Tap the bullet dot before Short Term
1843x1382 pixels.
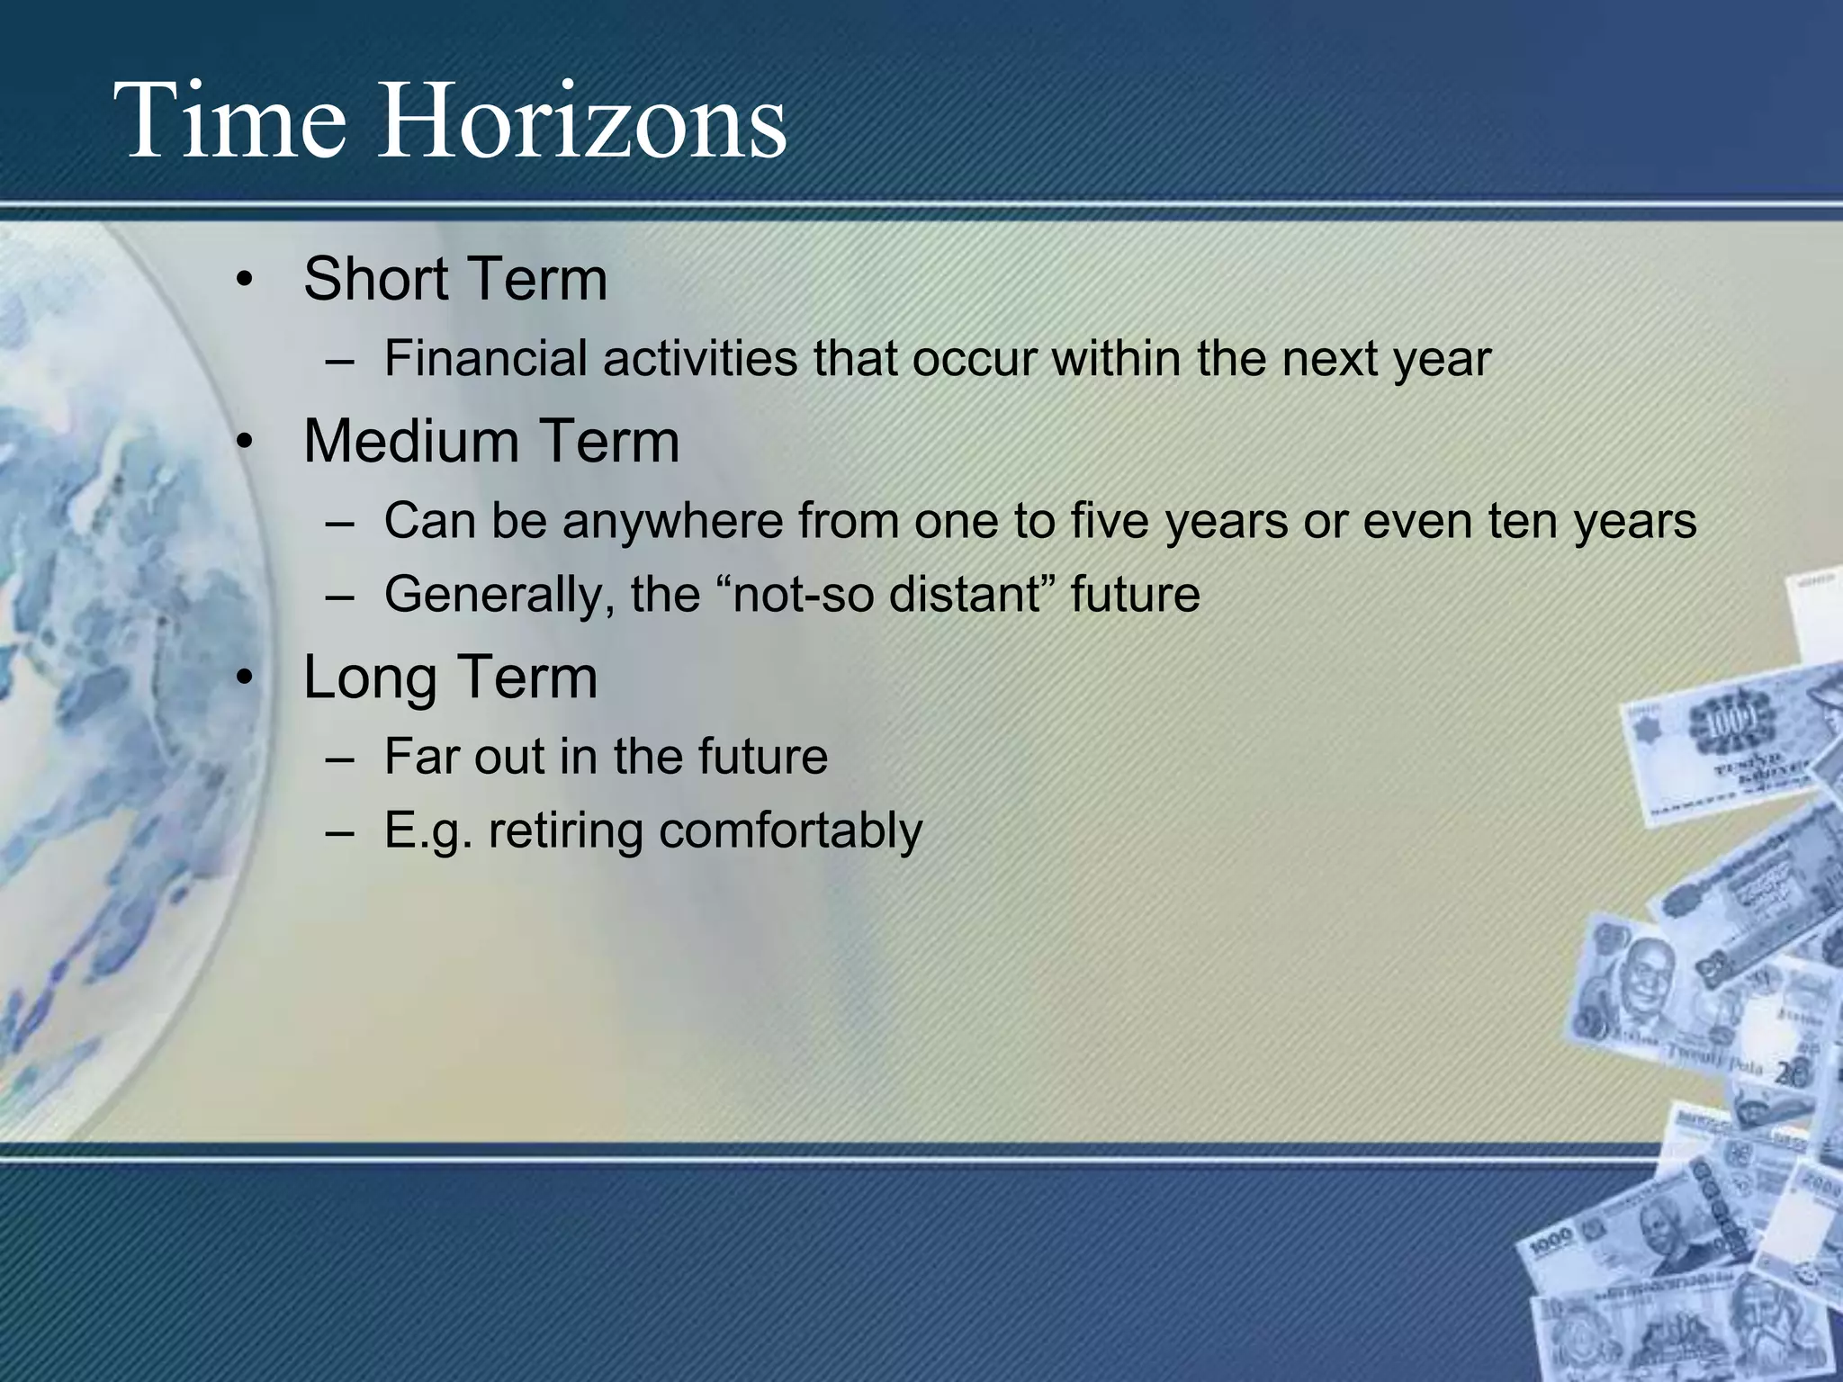point(243,281)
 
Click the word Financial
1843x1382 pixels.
point(485,358)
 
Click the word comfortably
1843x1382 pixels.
point(790,830)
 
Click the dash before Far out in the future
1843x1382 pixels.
point(341,758)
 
